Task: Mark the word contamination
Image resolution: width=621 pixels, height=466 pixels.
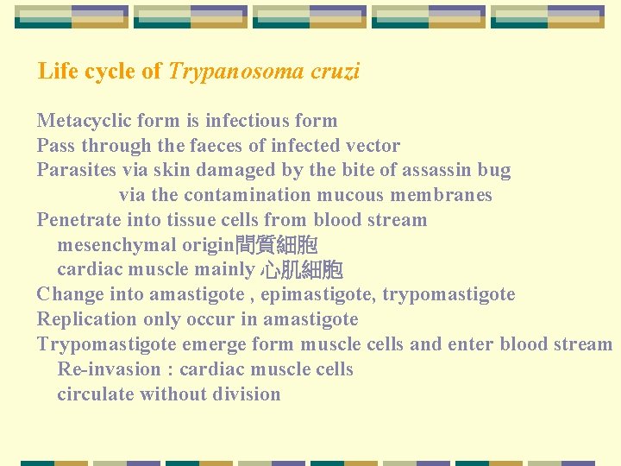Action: [255, 195]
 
